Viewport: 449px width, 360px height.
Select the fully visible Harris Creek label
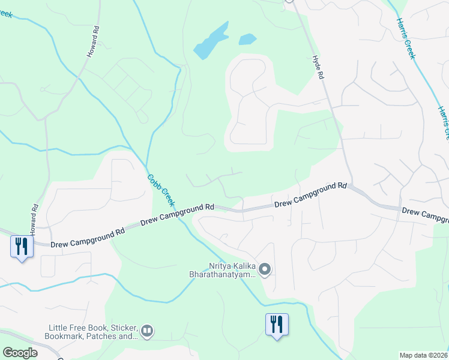click(x=405, y=37)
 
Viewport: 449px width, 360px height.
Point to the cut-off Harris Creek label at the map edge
click(x=444, y=123)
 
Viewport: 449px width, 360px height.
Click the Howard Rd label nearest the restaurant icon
click(x=34, y=215)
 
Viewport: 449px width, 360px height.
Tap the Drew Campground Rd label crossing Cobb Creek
click(x=177, y=214)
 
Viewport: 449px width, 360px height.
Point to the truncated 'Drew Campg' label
click(x=425, y=213)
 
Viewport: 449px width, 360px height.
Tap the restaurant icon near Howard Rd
click(x=22, y=246)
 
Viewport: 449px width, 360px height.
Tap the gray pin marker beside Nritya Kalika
click(x=265, y=269)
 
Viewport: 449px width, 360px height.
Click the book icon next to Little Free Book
click(x=147, y=331)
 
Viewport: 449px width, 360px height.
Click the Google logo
click(x=20, y=353)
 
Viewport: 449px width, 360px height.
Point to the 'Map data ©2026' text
click(x=424, y=355)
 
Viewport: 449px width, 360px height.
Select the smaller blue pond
click(x=247, y=40)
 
